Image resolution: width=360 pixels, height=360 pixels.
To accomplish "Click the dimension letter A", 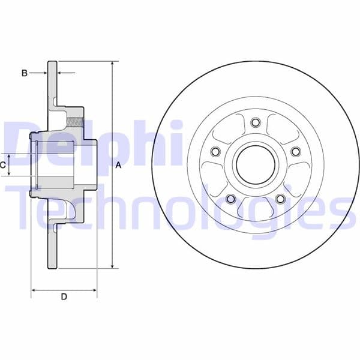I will point(118,165).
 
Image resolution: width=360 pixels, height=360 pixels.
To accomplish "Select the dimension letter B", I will point(25,73).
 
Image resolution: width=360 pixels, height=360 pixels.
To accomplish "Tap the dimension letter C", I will point(3,164).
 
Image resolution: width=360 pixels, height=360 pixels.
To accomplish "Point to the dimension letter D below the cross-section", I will point(64,296).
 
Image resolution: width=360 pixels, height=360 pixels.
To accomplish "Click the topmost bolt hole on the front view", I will point(256,123).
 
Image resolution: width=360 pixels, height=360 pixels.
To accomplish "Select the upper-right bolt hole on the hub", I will point(295,152).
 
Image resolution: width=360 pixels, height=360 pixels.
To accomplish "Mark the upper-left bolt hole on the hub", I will point(216,152).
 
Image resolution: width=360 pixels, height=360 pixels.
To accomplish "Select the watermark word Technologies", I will point(180,207).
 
